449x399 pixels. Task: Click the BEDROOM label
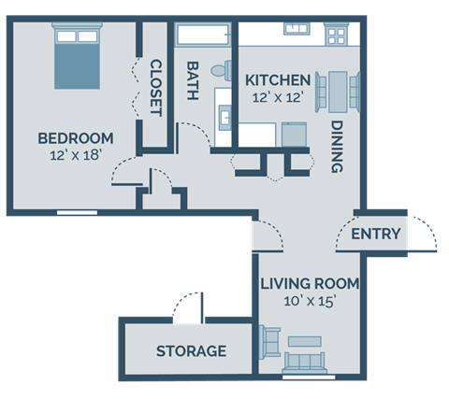coord(75,138)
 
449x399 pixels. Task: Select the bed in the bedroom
coord(75,56)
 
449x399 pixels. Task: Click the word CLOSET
coord(155,88)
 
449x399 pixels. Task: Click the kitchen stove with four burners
coord(336,36)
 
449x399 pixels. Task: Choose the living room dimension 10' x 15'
coord(309,301)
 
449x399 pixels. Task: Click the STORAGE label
coord(191,351)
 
